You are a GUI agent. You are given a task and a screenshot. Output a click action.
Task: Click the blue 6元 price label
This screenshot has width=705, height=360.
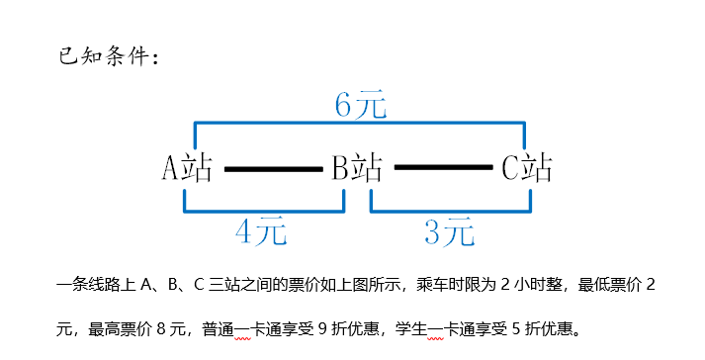359,105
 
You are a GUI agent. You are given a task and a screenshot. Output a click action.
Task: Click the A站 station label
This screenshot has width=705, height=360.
187,168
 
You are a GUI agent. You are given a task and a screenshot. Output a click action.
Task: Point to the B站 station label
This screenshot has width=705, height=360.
357,168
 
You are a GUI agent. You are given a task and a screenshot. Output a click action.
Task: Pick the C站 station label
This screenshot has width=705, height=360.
526,168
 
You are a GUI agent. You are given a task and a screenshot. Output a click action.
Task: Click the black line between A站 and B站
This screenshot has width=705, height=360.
273,169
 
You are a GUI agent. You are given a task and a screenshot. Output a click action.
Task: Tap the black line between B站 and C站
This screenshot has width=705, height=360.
442,169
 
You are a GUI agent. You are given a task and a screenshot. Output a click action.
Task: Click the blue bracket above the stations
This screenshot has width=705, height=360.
359,124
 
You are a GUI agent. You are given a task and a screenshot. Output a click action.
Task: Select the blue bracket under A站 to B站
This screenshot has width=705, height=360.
263,210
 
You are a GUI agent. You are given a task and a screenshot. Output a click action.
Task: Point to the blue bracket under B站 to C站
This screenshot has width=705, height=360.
451,210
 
